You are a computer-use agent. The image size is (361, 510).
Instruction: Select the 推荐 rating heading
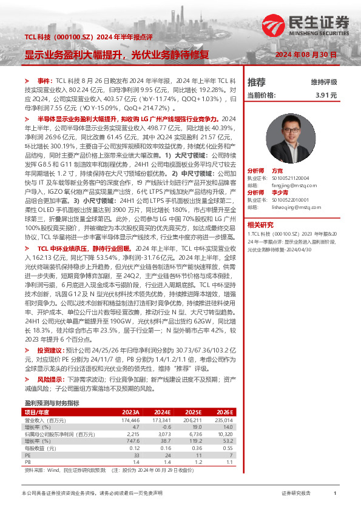pyautogui.click(x=257, y=82)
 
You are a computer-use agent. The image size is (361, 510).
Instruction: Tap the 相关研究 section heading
pyautogui.click(x=261, y=225)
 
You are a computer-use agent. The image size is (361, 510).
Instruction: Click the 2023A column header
pyautogui.click(x=130, y=411)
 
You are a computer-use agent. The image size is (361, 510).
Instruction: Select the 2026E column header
pyautogui.click(x=224, y=411)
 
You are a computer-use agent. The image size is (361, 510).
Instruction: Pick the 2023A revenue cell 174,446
pyautogui.click(x=130, y=419)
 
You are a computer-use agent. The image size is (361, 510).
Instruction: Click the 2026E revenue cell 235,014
pyautogui.click(x=224, y=419)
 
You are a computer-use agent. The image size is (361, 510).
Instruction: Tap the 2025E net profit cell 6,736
pyautogui.click(x=194, y=434)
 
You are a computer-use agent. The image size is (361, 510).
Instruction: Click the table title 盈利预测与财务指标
pyautogui.click(x=52, y=403)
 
